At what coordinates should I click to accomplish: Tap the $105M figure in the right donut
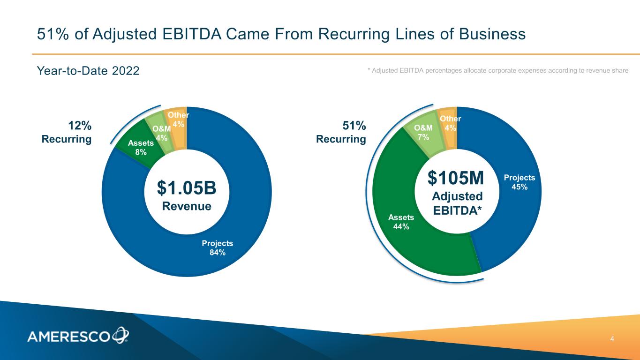[x=456, y=178]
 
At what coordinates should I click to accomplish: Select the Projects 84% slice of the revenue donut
[x=217, y=247]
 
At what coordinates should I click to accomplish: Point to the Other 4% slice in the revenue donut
[x=179, y=120]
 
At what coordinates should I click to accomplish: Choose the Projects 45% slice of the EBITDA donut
[x=519, y=182]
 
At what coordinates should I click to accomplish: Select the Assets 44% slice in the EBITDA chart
[x=401, y=221]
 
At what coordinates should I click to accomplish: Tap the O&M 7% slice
[x=423, y=133]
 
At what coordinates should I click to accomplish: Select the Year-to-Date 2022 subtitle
[x=88, y=71]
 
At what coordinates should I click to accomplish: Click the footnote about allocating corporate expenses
[x=497, y=70]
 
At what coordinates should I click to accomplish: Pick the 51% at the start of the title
[x=53, y=34]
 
